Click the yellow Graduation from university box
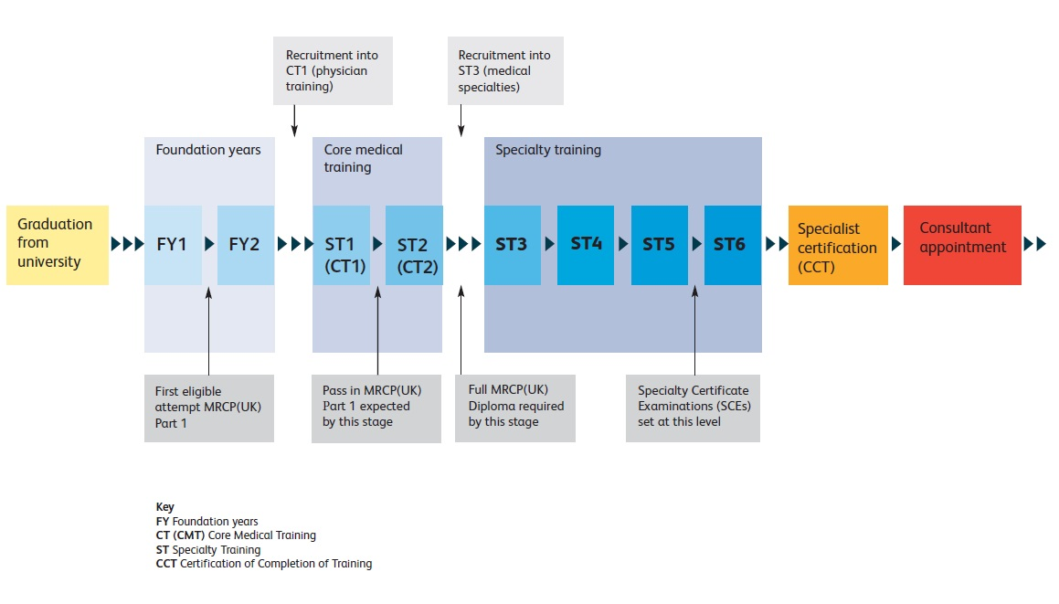point(58,245)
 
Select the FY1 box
point(173,245)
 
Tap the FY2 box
point(246,245)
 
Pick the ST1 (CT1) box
point(341,245)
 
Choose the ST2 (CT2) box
point(414,245)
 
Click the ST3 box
point(513,245)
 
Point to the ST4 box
point(586,245)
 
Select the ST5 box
point(660,245)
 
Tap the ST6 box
point(733,245)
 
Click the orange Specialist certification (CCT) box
point(838,245)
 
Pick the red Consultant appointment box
point(962,245)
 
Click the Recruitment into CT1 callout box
point(333,70)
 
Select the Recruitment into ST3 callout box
point(506,70)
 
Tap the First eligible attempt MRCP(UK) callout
point(209,408)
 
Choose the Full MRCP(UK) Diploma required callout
point(515,408)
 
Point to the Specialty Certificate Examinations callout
point(693,408)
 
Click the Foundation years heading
point(208,150)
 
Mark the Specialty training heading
point(547,150)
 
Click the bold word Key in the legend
point(164,507)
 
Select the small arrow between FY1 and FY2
point(209,244)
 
